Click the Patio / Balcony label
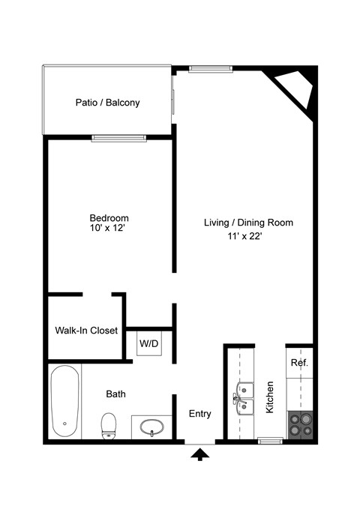coord(107,103)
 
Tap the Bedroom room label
coord(109,218)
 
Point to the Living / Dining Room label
coord(248,223)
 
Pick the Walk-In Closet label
coord(86,330)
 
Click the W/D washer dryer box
coord(149,344)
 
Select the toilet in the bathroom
coord(109,424)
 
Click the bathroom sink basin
coord(153,428)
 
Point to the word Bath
coord(115,393)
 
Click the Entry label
coord(199,414)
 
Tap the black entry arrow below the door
coord(200,454)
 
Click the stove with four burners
coord(300,426)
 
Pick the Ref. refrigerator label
coord(299,363)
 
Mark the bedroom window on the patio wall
coord(118,138)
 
